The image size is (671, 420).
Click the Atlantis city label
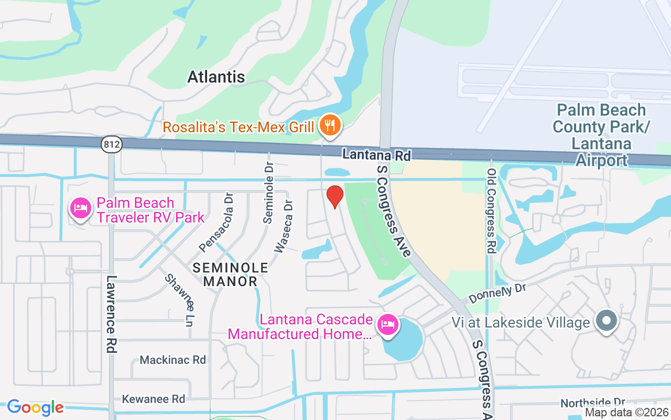click(x=216, y=77)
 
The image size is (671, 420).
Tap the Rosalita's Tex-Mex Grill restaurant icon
click(x=330, y=126)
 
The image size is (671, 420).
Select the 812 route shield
click(x=112, y=145)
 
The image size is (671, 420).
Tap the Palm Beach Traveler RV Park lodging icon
click(x=81, y=208)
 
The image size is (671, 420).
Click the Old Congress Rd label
click(x=491, y=211)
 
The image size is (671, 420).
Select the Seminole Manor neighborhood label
click(x=230, y=275)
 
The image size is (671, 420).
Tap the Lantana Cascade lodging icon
click(x=388, y=324)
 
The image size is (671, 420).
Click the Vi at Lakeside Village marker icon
click(x=607, y=320)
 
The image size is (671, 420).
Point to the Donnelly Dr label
click(x=497, y=293)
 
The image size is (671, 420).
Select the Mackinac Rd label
click(x=172, y=360)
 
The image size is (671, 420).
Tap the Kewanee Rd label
click(x=154, y=399)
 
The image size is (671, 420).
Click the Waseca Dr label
click(x=283, y=226)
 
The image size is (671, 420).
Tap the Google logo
click(x=35, y=407)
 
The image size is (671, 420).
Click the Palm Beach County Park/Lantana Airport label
click(x=601, y=135)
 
